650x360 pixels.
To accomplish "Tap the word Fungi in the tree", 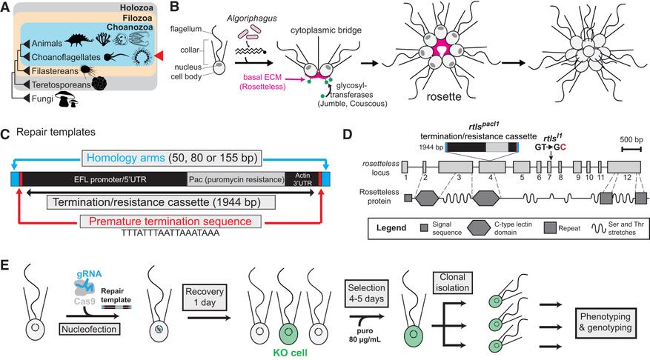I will [39, 105].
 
